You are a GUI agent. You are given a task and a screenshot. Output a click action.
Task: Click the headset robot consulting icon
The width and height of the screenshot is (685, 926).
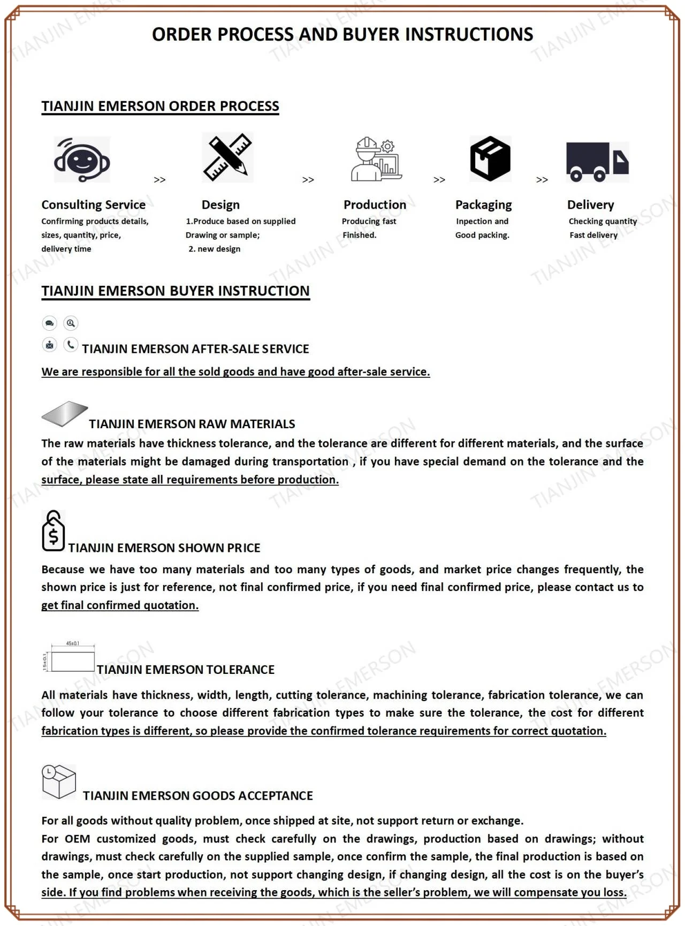click(x=82, y=160)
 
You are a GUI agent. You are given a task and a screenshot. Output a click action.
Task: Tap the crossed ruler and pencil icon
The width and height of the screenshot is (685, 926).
click(x=227, y=157)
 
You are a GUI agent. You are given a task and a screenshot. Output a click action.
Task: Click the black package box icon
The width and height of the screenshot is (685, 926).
click(x=490, y=159)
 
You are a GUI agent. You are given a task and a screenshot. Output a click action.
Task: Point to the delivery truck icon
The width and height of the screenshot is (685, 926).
click(x=597, y=161)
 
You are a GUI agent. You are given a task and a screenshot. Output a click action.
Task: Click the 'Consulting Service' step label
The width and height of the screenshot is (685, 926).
click(x=94, y=205)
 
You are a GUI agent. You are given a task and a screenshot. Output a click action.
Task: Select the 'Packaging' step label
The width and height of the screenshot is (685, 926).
click(x=483, y=205)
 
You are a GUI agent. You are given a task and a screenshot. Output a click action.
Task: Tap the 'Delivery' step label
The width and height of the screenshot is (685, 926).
click(x=590, y=205)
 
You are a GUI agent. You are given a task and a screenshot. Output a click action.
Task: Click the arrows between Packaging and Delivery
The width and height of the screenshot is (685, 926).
click(x=542, y=180)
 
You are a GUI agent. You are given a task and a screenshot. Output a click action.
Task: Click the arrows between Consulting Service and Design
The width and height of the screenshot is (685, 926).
click(x=159, y=180)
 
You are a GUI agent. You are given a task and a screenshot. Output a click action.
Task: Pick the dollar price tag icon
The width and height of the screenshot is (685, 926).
click(x=53, y=531)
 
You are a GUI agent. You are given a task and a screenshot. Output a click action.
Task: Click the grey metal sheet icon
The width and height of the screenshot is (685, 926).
click(x=64, y=414)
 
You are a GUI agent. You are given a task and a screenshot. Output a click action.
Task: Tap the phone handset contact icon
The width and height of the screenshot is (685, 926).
click(x=71, y=345)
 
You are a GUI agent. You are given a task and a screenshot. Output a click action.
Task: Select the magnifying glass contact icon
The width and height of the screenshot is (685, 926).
click(x=71, y=323)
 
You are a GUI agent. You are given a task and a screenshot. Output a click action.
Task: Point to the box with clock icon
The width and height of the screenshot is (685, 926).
click(x=58, y=781)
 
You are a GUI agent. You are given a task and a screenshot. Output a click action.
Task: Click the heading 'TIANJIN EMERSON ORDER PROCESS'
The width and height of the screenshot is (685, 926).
click(x=160, y=107)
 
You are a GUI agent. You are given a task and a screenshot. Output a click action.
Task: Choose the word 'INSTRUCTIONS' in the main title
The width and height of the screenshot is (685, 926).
click(x=469, y=35)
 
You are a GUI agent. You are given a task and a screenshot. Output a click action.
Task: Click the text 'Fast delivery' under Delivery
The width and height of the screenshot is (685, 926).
click(x=593, y=235)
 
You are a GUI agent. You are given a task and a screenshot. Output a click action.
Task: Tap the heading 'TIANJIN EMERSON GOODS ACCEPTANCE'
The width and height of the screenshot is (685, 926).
click(x=197, y=796)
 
